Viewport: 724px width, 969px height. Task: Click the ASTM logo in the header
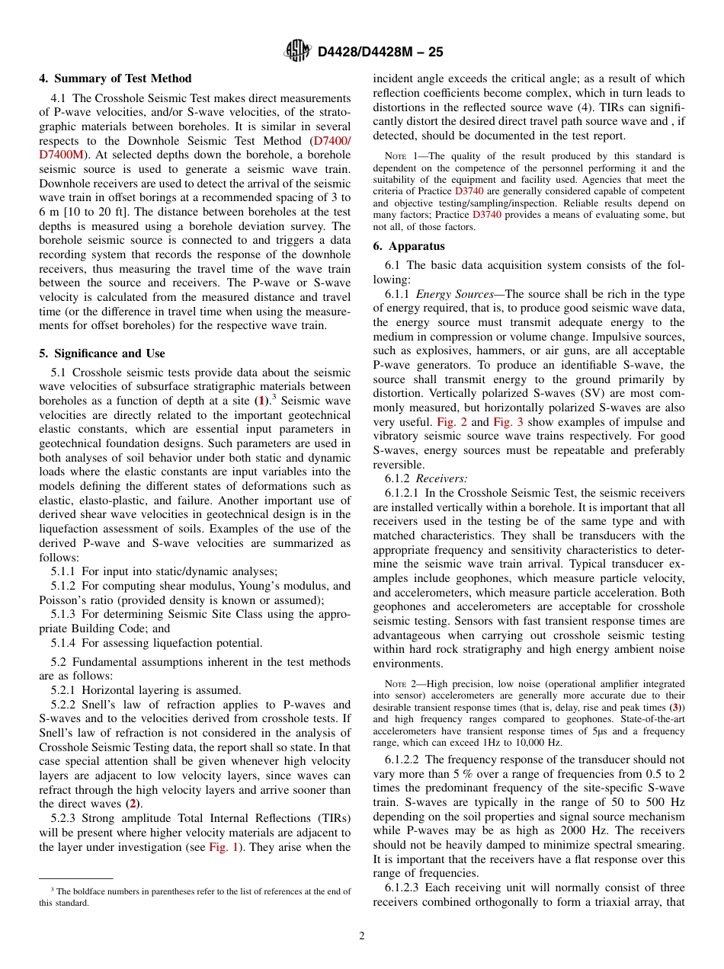tap(296, 51)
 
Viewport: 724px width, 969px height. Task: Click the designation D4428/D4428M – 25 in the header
tap(380, 52)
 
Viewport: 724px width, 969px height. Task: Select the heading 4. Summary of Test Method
tap(115, 78)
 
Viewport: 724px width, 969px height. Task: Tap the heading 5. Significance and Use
tap(102, 353)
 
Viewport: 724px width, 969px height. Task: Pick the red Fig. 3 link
tap(508, 422)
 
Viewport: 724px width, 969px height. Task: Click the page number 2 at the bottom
tap(362, 936)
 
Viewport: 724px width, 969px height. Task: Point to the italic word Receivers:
tap(441, 478)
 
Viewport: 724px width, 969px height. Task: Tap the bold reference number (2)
tap(133, 804)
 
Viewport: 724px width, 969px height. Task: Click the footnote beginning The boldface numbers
tap(194, 897)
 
